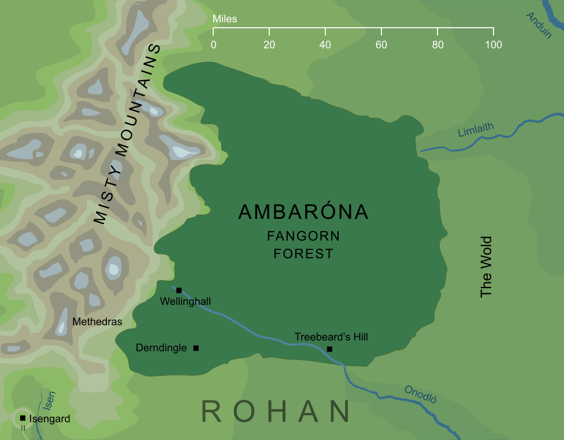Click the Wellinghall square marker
point(179,290)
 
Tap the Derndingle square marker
point(196,348)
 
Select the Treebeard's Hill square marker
point(329,349)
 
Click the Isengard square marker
point(23,417)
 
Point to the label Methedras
point(97,322)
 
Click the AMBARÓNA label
point(303,212)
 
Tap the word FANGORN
point(303,236)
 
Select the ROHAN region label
point(276,411)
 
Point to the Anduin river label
point(539,25)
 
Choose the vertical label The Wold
point(486,266)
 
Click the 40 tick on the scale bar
point(325,44)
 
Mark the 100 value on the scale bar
point(493,44)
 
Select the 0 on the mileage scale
point(214,44)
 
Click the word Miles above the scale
point(225,19)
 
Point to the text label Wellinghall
point(185,301)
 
